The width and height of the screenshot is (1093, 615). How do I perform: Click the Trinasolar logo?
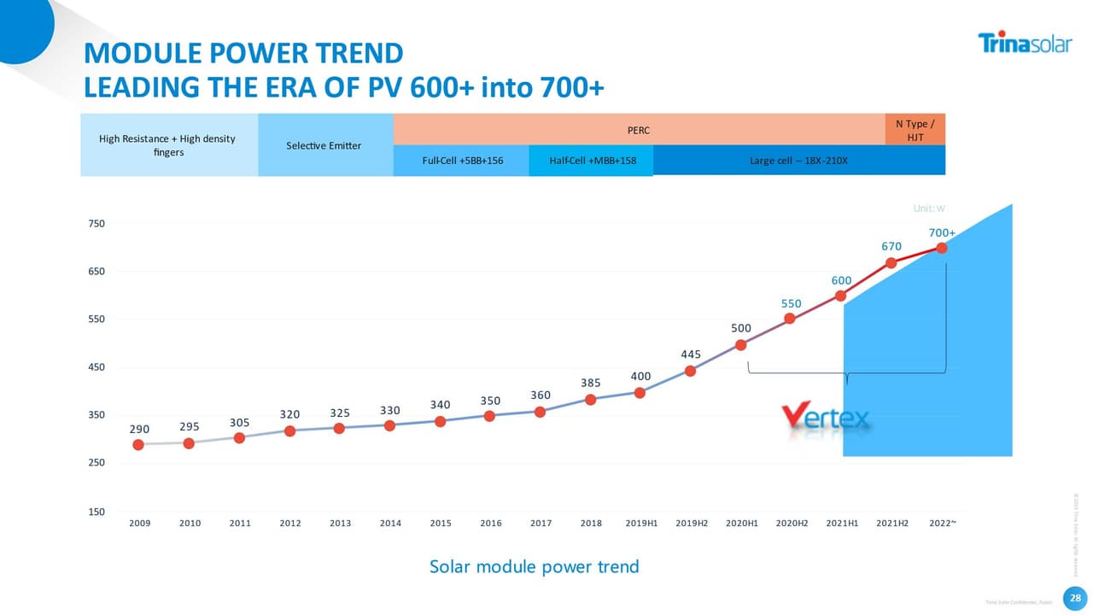tap(1023, 43)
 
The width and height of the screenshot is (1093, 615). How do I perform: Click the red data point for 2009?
tap(138, 444)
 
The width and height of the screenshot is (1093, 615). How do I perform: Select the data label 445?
tap(691, 354)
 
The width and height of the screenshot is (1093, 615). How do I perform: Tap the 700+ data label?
tap(941, 232)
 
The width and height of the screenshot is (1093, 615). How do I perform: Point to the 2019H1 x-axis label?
tap(640, 523)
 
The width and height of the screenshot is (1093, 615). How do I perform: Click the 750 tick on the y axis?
tap(96, 224)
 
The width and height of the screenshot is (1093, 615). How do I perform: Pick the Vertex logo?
tap(827, 417)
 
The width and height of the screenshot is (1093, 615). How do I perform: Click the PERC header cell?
tap(639, 131)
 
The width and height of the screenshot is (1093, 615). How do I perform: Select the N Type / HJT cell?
tap(915, 131)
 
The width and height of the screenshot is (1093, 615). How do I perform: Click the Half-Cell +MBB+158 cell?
tap(590, 161)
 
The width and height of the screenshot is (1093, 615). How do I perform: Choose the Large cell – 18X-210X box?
tap(798, 161)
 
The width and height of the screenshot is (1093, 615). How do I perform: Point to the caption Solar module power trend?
tap(534, 566)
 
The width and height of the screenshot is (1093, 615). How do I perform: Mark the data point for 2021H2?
tap(891, 262)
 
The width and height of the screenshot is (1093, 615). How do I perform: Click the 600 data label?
tap(841, 280)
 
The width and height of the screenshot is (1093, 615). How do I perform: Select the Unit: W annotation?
tap(929, 208)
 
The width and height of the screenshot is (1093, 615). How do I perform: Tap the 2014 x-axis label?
tap(390, 523)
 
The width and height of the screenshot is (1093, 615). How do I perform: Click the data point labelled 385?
tap(590, 399)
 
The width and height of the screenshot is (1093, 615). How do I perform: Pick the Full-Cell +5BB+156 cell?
tap(462, 161)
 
